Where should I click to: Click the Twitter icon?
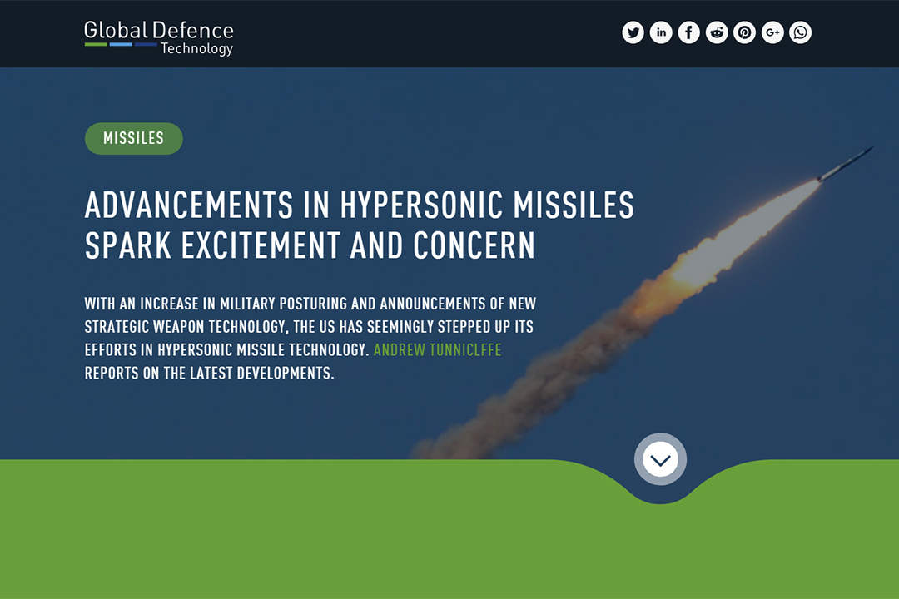(633, 32)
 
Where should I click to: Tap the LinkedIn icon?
(661, 32)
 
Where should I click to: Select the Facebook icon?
(688, 32)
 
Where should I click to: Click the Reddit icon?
(717, 32)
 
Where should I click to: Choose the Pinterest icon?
(744, 32)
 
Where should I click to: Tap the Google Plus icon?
(772, 32)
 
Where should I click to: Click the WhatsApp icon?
(801, 32)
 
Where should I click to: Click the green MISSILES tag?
(133, 138)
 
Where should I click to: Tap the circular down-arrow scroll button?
(660, 460)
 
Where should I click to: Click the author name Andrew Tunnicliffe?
(438, 349)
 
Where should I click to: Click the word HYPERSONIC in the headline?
(421, 205)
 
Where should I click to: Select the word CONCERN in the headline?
(474, 245)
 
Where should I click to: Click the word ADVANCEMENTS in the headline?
(189, 205)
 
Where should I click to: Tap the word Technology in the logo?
(196, 49)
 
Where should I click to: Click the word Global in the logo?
(116, 31)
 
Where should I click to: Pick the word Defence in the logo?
(193, 31)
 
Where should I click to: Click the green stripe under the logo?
(96, 44)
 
